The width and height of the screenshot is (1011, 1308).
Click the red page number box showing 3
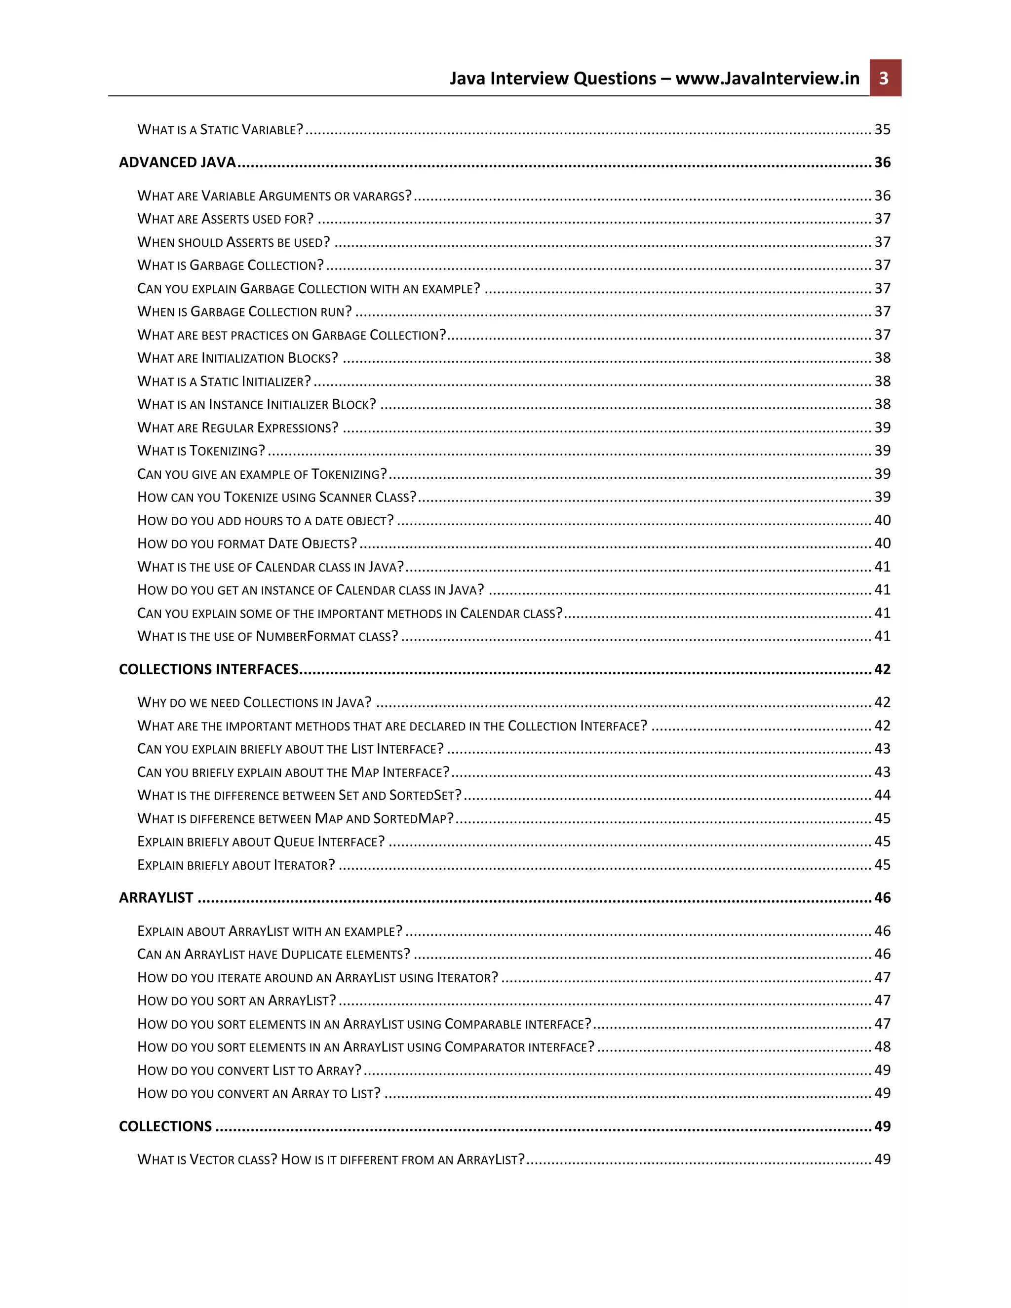pyautogui.click(x=885, y=78)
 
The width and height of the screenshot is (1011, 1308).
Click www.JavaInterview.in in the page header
pyautogui.click(x=767, y=78)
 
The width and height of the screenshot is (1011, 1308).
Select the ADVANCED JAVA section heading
pyautogui.click(x=177, y=162)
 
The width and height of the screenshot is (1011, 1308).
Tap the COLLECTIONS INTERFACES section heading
pyautogui.click(x=208, y=669)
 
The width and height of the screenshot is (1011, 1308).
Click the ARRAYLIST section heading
pyautogui.click(x=156, y=897)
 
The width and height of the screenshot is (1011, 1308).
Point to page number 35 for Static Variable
pyautogui.click(x=882, y=129)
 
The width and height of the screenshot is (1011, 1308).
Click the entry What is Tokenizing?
pyautogui.click(x=201, y=450)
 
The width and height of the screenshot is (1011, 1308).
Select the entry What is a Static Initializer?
pyautogui.click(x=224, y=381)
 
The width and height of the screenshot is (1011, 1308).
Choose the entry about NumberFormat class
pyautogui.click(x=268, y=636)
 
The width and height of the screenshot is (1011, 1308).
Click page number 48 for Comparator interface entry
pyautogui.click(x=882, y=1046)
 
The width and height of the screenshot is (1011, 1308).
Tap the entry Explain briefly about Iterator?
pyautogui.click(x=236, y=865)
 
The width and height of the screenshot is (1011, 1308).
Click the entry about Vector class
pyautogui.click(x=331, y=1159)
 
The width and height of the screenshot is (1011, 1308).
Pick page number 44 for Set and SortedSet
pyautogui.click(x=882, y=795)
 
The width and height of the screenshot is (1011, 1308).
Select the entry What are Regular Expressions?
pyautogui.click(x=238, y=427)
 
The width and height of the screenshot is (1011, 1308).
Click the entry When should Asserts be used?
pyautogui.click(x=233, y=242)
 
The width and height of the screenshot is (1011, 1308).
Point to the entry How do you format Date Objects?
pyautogui.click(x=247, y=543)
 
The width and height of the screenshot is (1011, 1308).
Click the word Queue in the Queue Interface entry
pyautogui.click(x=294, y=842)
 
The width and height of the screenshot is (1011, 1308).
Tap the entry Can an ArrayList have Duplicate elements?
pyautogui.click(x=273, y=954)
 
